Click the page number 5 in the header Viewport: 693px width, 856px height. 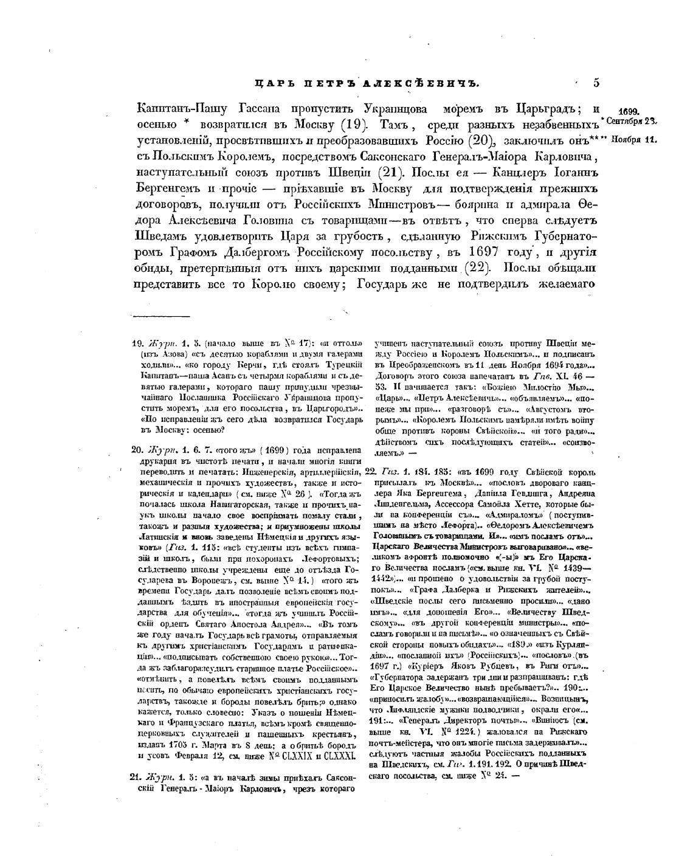(x=596, y=83)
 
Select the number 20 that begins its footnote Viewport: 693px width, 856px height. (x=137, y=450)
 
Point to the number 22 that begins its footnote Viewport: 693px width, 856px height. (x=370, y=472)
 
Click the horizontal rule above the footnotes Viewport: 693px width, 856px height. (x=161, y=316)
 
